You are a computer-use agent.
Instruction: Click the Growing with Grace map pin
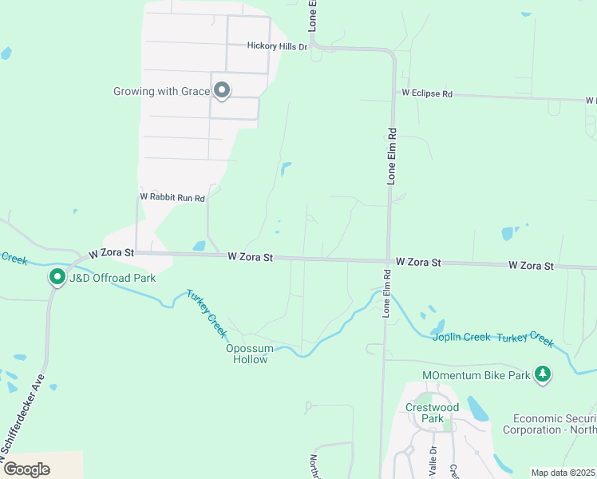pyautogui.click(x=222, y=91)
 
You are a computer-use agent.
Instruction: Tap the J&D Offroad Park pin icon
pyautogui.click(x=57, y=277)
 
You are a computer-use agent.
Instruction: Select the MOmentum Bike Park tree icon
pyautogui.click(x=543, y=374)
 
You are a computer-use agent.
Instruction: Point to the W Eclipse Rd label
pyautogui.click(x=427, y=93)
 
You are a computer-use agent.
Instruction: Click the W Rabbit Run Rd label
pyautogui.click(x=172, y=196)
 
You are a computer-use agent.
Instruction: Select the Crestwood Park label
pyautogui.click(x=432, y=413)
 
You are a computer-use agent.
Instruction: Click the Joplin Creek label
pyautogui.click(x=461, y=337)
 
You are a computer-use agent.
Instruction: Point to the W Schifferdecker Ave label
pyautogui.click(x=23, y=420)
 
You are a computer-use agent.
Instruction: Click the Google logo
pyautogui.click(x=27, y=469)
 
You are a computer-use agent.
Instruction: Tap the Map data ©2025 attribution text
pyautogui.click(x=563, y=473)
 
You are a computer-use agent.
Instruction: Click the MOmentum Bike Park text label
pyautogui.click(x=476, y=375)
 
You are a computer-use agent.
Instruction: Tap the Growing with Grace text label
pyautogui.click(x=161, y=91)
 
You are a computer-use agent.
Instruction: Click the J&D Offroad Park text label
pyautogui.click(x=112, y=278)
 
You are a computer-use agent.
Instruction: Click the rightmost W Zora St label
pyautogui.click(x=531, y=265)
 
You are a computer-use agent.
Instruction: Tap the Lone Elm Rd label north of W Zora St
pyautogui.click(x=392, y=156)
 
